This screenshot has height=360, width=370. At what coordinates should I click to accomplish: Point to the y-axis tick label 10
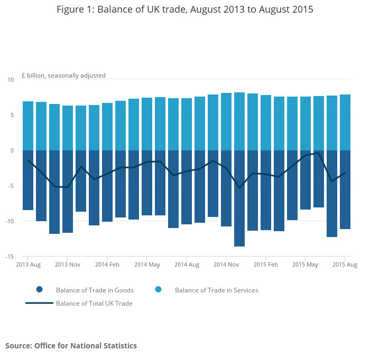[x=11, y=80]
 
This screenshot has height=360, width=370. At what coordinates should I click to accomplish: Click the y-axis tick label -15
[x=10, y=257]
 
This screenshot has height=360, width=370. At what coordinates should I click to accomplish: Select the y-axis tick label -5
[x=11, y=186]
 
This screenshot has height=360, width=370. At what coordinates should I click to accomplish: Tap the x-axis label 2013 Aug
[x=28, y=264]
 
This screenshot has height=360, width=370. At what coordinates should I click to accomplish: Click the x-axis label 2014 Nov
[x=226, y=264]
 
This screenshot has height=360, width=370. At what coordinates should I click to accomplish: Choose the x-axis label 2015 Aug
[x=345, y=264]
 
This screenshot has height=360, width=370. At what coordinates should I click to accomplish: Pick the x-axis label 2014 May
[x=147, y=264]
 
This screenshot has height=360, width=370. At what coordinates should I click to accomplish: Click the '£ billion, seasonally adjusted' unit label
[x=63, y=75]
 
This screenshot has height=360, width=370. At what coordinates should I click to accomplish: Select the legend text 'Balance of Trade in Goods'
[x=95, y=290]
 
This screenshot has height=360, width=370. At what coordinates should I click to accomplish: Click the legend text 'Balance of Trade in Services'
[x=216, y=290]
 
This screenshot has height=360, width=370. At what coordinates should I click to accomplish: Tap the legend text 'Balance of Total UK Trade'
[x=94, y=304]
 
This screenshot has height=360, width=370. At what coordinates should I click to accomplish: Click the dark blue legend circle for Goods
[x=39, y=290]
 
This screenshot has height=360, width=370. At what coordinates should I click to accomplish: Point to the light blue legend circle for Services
[x=158, y=290]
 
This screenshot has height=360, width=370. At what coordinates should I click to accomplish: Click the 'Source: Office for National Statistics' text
[x=71, y=346]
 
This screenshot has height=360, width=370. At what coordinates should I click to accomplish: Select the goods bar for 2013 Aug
[x=28, y=180]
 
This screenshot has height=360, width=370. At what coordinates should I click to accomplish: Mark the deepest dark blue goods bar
[x=239, y=198]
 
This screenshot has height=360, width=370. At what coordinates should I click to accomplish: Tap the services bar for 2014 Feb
[x=107, y=127]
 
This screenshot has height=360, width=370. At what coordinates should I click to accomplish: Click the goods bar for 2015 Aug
[x=345, y=190]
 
